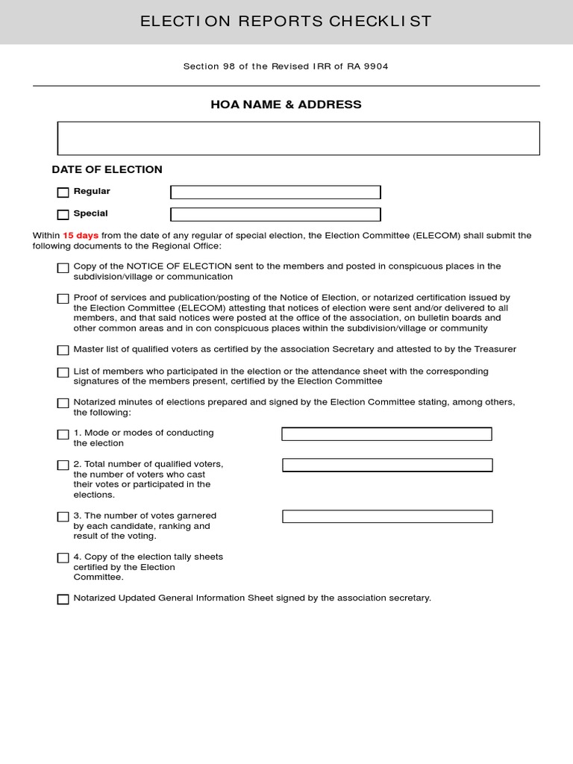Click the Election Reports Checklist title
tap(286, 21)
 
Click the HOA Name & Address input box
tap(298, 138)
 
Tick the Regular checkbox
tap(63, 192)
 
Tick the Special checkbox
tap(63, 215)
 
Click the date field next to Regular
tap(275, 192)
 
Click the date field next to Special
tap(275, 215)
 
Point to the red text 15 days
tap(81, 236)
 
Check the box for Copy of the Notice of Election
tap(63, 268)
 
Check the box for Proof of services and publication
tap(63, 298)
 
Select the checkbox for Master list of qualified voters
tap(63, 350)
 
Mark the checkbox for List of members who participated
tap(63, 372)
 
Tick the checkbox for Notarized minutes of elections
tap(63, 403)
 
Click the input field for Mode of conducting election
tap(386, 434)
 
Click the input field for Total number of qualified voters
tap(387, 465)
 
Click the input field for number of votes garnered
tap(387, 516)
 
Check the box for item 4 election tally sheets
tap(63, 558)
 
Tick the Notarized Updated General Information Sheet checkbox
tap(63, 599)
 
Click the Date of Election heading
tap(107, 169)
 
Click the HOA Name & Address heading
tap(286, 104)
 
